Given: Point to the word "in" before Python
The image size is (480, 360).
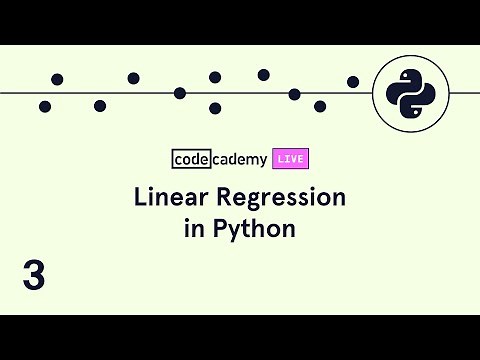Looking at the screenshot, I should click(x=193, y=228).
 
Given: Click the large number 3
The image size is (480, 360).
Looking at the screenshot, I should click(x=34, y=274).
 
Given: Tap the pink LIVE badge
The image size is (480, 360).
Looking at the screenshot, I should click(x=290, y=158).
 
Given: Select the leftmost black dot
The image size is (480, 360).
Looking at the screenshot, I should click(x=45, y=106).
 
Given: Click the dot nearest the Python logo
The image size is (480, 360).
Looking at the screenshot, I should click(x=353, y=81).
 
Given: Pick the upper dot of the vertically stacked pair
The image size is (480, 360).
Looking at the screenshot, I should click(x=215, y=77).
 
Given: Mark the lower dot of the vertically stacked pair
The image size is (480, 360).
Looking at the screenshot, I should click(x=215, y=108).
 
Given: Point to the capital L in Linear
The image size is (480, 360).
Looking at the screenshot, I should click(x=140, y=198).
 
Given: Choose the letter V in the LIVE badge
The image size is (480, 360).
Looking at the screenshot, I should click(x=293, y=158).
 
